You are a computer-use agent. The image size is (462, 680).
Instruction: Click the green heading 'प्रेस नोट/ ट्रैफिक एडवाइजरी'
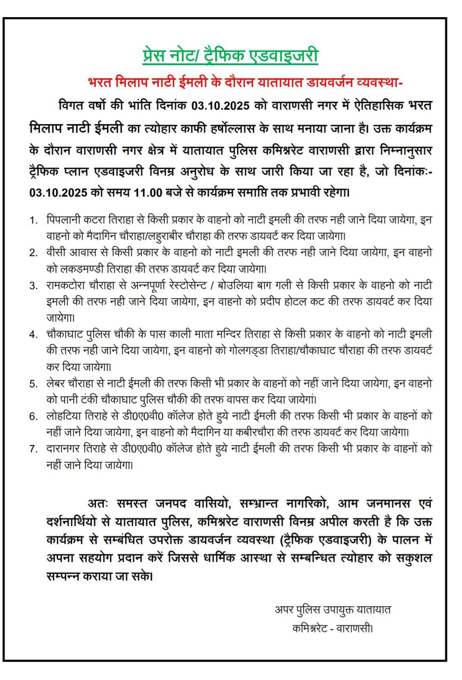click(x=231, y=56)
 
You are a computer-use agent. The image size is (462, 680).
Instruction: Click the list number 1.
click(x=33, y=220)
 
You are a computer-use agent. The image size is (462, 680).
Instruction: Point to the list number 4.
click(x=33, y=334)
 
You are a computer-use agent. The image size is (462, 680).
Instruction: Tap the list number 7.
click(x=33, y=449)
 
